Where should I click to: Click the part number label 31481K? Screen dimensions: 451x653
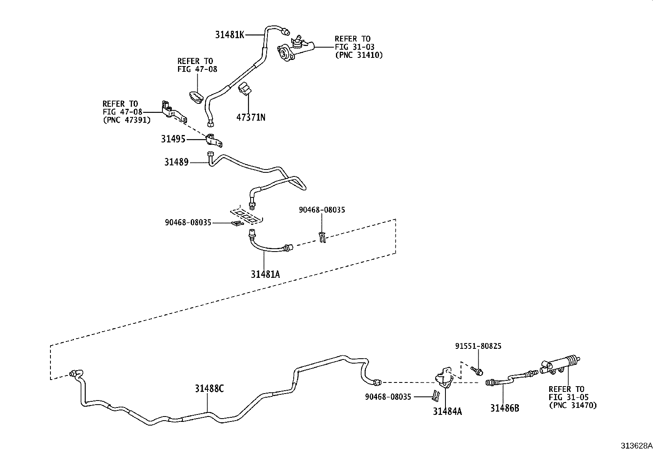click(230, 35)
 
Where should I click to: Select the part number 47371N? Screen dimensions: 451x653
click(251, 117)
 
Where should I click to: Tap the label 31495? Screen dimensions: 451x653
click(173, 139)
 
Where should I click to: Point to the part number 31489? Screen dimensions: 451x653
click(176, 162)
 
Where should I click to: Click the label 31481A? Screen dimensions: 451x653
click(265, 274)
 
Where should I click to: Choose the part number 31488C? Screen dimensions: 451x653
click(209, 388)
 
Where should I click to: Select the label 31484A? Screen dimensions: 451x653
click(447, 411)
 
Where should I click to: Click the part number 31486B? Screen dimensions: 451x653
click(505, 408)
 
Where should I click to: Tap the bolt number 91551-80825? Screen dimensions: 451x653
click(478, 346)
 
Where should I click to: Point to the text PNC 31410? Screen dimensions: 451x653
click(359, 55)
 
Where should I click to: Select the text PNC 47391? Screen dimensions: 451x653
click(126, 120)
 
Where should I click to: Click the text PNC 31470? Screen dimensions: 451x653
click(573, 405)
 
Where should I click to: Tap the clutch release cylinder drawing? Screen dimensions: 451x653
click(560, 364)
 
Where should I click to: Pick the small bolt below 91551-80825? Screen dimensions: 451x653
click(477, 371)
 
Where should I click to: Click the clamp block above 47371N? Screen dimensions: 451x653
click(245, 89)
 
